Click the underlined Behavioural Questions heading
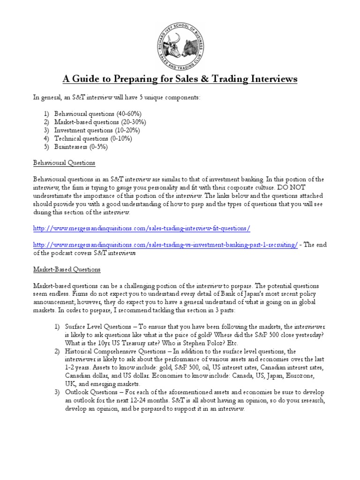(64, 163)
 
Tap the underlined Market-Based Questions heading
(67, 270)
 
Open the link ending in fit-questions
(142, 228)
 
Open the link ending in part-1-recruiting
(165, 245)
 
